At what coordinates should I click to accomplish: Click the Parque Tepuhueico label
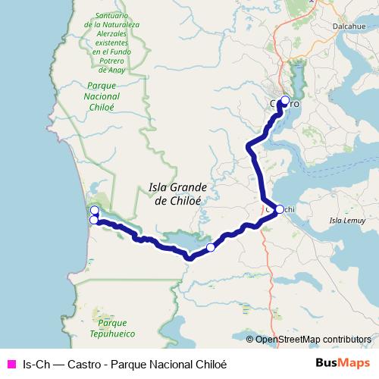point(112,327)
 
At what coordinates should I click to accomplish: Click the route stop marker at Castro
point(285,100)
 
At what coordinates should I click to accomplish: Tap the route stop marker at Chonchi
point(279,209)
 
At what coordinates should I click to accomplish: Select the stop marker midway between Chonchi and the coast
point(211,247)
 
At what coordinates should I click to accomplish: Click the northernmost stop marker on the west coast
point(94,210)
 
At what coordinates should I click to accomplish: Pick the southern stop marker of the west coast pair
point(93,220)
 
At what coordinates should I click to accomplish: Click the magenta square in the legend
point(10,363)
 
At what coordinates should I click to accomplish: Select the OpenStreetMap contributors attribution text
point(312,339)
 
